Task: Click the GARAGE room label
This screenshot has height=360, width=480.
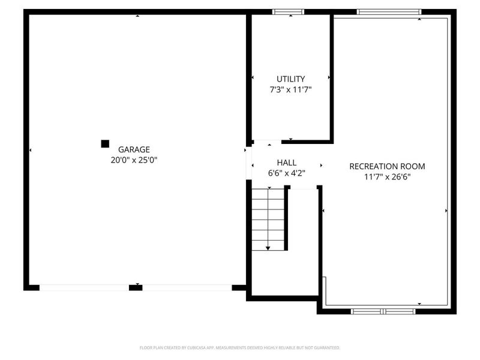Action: [x=133, y=149]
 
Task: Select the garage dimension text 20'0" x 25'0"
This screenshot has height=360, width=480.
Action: [x=133, y=160]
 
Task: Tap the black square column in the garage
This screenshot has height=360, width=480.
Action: [x=105, y=143]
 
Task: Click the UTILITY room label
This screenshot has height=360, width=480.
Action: [x=290, y=79]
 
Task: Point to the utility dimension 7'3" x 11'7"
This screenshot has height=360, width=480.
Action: [x=290, y=89]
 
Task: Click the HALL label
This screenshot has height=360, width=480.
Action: [x=286, y=163]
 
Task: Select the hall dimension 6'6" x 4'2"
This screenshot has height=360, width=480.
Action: [x=286, y=173]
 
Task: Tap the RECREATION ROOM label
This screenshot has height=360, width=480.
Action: [x=387, y=166]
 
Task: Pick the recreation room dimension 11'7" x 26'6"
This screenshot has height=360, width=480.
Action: [x=387, y=177]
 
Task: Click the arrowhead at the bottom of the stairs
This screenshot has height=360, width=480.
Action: [x=268, y=247]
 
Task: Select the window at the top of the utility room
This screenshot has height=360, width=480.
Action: [x=289, y=11]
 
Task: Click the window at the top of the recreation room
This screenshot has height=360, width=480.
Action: [x=389, y=11]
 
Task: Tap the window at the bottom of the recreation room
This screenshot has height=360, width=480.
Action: [x=383, y=311]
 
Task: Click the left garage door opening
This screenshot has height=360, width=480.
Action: [x=84, y=287]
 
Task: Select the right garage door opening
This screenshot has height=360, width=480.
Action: [x=187, y=287]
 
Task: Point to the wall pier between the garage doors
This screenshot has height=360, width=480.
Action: [x=136, y=287]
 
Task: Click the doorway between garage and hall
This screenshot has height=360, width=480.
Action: [x=247, y=163]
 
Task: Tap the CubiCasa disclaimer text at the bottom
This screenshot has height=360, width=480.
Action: [x=239, y=347]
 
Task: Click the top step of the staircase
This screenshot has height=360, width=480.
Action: [x=268, y=193]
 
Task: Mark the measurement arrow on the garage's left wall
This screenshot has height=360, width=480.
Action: [x=31, y=150]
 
